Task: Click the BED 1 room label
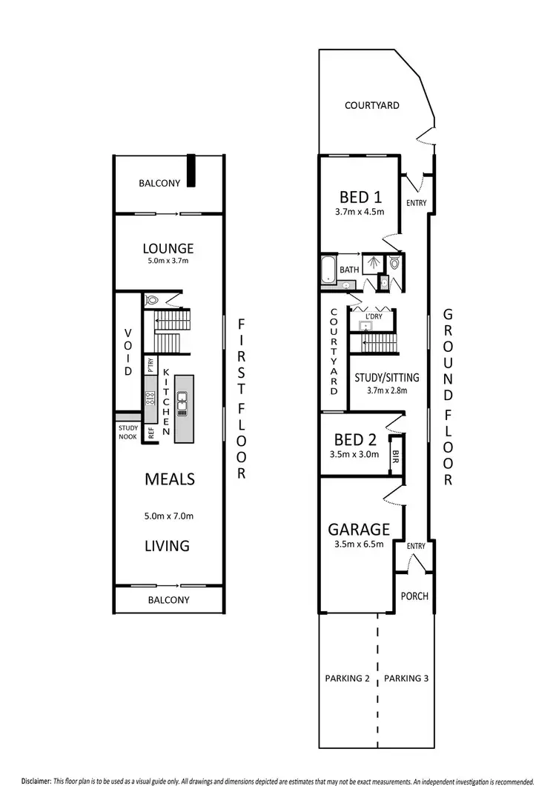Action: click(x=360, y=197)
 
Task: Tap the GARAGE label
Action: click(x=360, y=530)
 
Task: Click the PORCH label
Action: click(x=414, y=596)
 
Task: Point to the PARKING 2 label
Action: click(x=347, y=678)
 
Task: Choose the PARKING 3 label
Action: click(x=407, y=678)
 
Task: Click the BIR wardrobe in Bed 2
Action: click(x=396, y=459)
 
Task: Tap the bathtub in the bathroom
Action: click(x=328, y=270)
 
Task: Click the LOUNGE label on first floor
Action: click(x=168, y=248)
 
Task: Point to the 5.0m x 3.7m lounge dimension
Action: click(x=168, y=261)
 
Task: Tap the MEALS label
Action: click(x=170, y=479)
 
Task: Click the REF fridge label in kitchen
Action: click(x=150, y=434)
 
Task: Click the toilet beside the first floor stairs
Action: click(x=152, y=301)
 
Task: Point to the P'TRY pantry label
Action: click(x=150, y=366)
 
